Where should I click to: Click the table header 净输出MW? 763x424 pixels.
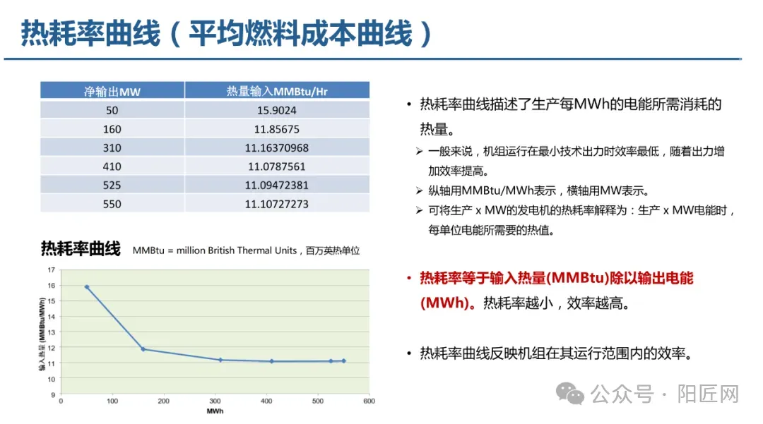click(x=112, y=91)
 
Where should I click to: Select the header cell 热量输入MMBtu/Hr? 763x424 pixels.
click(x=276, y=91)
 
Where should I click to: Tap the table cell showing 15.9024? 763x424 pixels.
click(x=276, y=110)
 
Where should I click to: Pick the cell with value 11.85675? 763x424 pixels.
click(x=276, y=129)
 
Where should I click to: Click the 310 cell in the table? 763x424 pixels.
click(x=112, y=148)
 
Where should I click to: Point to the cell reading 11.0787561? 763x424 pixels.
click(x=276, y=166)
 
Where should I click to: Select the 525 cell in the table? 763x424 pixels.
click(x=112, y=186)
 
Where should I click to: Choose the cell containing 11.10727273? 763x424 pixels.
click(x=276, y=205)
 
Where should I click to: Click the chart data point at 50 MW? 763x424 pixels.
click(x=87, y=287)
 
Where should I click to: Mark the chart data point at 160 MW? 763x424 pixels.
click(x=143, y=349)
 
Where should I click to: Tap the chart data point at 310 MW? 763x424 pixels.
click(x=220, y=360)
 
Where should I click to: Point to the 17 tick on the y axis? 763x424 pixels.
click(x=51, y=270)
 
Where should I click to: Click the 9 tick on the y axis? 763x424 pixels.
click(x=52, y=395)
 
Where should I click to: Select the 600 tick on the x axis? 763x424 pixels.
click(x=369, y=401)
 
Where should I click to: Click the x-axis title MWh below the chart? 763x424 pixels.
click(x=215, y=411)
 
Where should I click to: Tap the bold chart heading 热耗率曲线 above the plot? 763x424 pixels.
click(x=81, y=249)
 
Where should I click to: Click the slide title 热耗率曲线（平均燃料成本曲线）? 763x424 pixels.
click(x=227, y=33)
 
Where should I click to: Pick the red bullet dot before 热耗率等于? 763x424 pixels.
click(x=408, y=278)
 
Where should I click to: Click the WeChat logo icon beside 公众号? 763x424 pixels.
click(x=570, y=394)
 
